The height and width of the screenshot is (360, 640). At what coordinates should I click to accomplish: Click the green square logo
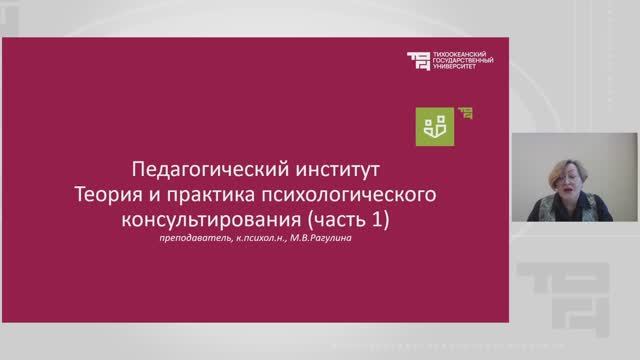(435, 124)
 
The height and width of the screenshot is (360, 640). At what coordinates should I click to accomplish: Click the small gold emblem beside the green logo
(464, 112)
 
